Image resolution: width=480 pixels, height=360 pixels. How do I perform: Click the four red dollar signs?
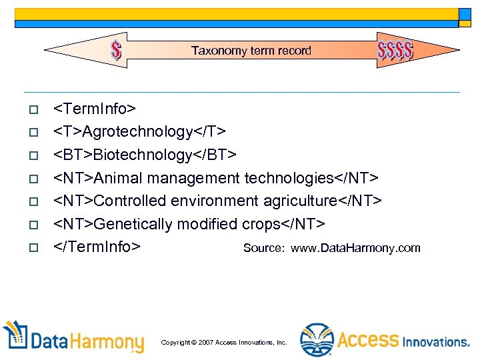(x=395, y=50)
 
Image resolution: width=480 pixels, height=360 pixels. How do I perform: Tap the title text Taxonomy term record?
(x=251, y=51)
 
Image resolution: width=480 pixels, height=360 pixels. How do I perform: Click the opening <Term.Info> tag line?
(x=95, y=108)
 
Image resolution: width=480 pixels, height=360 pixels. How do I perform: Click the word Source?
(x=264, y=248)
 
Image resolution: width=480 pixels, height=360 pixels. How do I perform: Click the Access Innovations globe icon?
(x=316, y=339)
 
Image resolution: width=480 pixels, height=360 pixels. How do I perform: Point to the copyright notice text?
(x=224, y=342)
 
